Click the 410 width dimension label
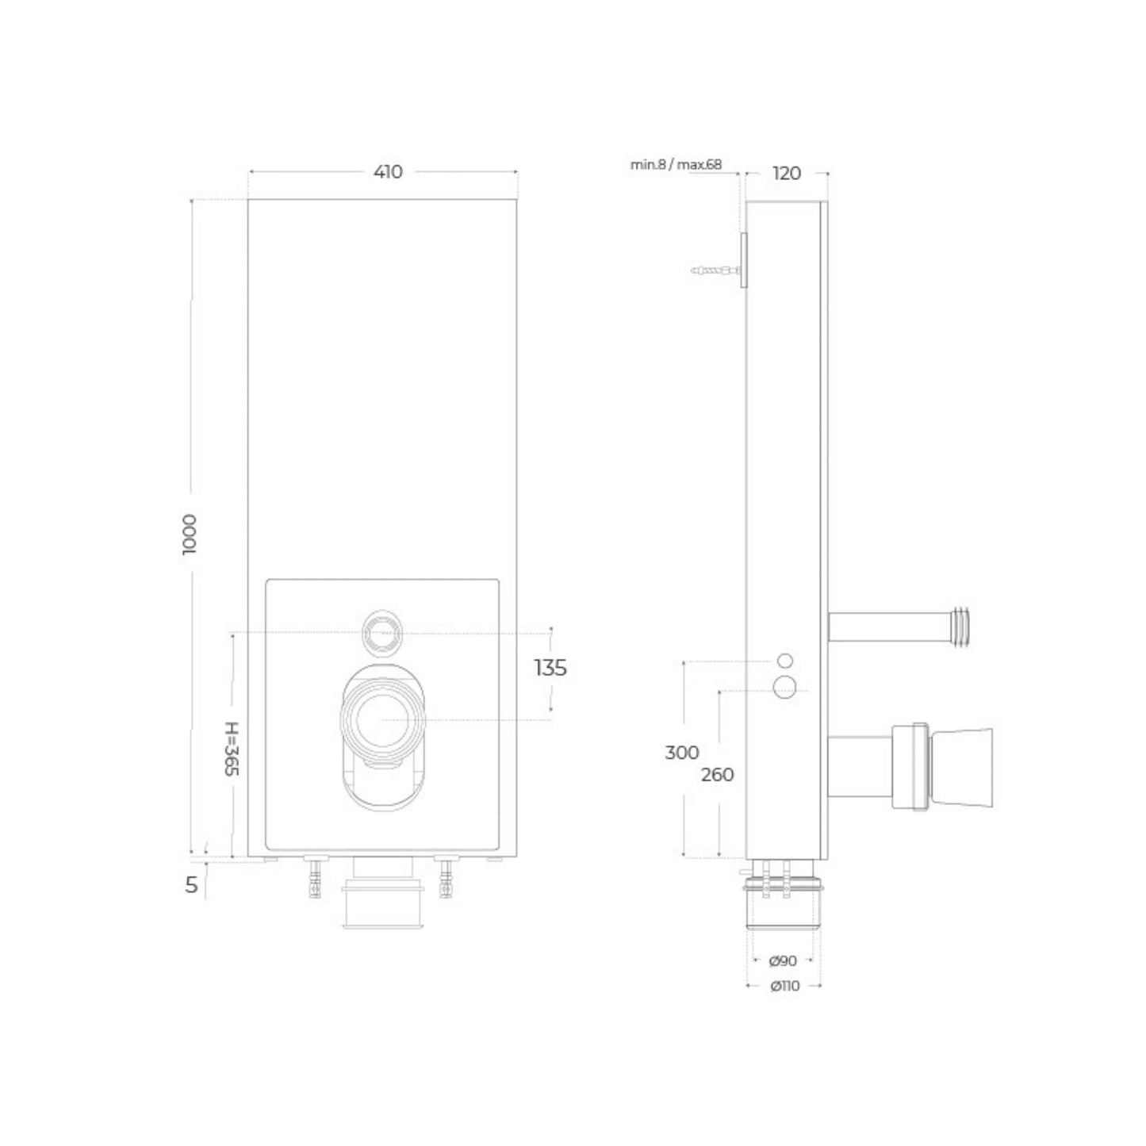[x=388, y=171]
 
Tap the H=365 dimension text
[x=231, y=749]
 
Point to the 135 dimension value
[x=550, y=669]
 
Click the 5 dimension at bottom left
[x=191, y=885]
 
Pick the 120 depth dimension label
[x=786, y=173]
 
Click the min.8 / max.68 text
[x=676, y=165]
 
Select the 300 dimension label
[x=681, y=753]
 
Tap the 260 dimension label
[x=717, y=775]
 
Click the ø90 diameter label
[x=783, y=961]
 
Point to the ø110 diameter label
[x=784, y=986]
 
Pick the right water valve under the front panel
[x=446, y=879]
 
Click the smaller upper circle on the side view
[x=784, y=661]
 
